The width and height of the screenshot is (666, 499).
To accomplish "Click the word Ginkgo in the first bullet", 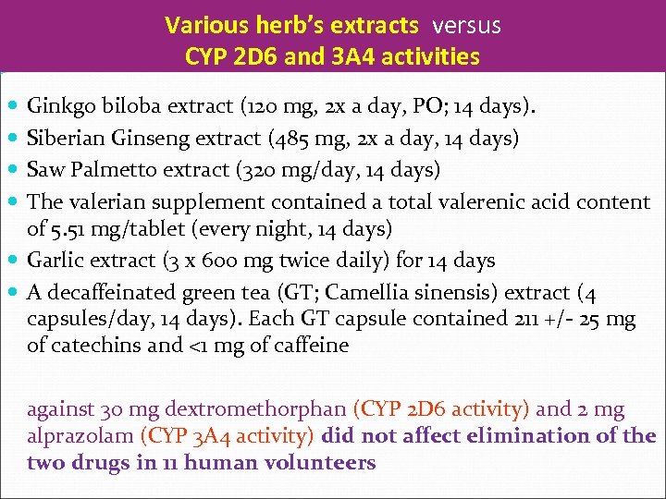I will coord(57,106).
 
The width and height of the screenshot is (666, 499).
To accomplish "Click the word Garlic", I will coord(55,261).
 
